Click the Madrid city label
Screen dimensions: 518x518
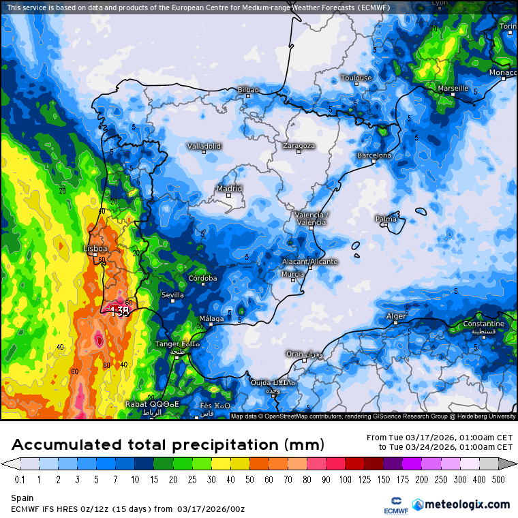229,189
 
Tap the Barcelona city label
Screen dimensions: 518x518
374,155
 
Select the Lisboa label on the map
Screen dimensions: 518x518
95,249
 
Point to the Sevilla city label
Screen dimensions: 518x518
172,295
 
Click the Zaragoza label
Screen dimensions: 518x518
299,146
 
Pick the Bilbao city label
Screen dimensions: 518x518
248,90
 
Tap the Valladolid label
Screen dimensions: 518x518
204,146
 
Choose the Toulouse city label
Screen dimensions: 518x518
356,78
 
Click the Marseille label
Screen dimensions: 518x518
453,89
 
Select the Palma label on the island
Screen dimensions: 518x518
386,219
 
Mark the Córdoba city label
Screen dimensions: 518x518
202,278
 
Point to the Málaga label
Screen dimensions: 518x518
211,319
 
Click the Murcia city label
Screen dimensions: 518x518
292,274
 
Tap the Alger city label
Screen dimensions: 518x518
396,316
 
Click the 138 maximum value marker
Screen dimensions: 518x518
120,311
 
